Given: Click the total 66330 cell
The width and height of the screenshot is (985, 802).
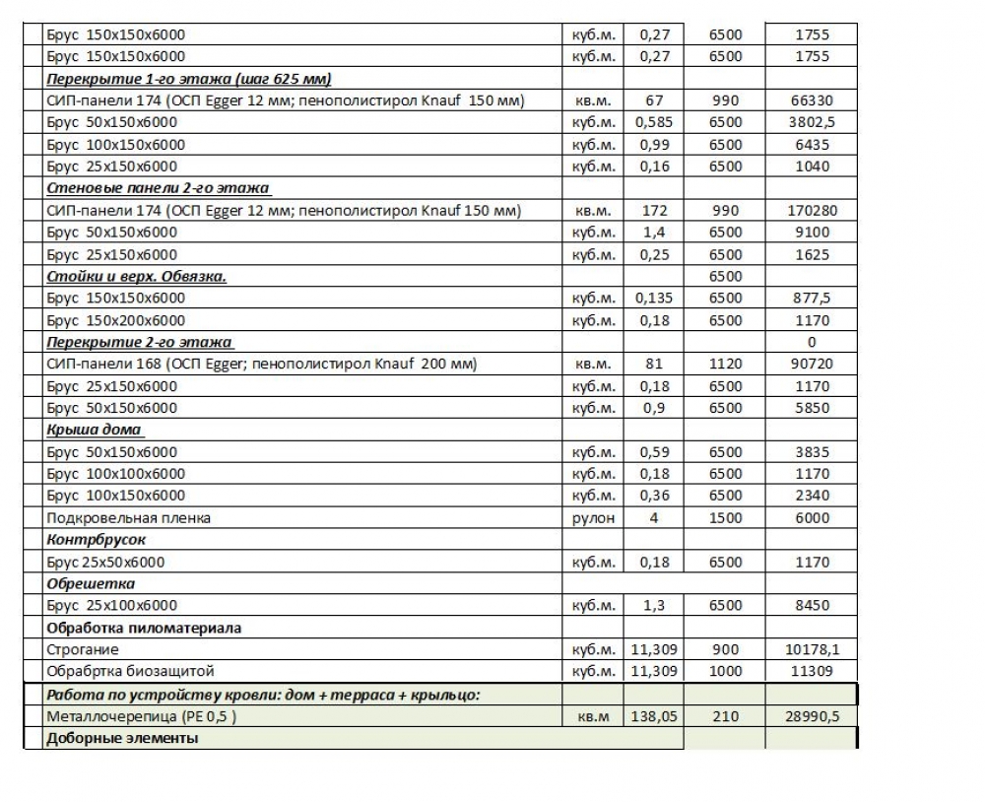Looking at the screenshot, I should click(812, 100).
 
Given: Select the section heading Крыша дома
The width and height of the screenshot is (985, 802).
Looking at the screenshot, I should click(95, 431).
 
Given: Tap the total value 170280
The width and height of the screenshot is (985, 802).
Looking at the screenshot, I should click(812, 211).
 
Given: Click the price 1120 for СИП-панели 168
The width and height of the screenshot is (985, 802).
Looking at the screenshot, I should click(725, 365).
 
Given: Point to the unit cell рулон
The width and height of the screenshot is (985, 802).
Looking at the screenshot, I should click(593, 518).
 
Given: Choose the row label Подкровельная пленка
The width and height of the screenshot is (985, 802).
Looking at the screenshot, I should click(129, 518).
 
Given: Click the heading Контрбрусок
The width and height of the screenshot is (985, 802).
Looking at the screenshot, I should click(97, 541).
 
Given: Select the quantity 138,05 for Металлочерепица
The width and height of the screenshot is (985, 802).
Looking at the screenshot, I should click(654, 717).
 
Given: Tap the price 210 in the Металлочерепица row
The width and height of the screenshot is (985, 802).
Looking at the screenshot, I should click(725, 717).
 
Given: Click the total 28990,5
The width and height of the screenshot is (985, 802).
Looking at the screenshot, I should click(812, 717).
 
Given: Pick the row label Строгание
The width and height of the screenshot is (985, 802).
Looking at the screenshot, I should click(83, 650).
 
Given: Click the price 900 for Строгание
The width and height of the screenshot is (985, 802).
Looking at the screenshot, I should click(725, 650).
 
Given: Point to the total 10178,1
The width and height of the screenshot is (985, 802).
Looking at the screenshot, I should click(812, 650).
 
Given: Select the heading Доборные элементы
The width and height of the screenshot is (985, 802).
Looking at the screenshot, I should click(122, 738).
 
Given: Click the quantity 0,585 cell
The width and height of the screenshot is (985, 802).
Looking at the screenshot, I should click(654, 123).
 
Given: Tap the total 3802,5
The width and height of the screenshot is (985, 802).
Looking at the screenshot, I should click(812, 123).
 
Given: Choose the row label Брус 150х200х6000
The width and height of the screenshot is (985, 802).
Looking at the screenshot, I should click(116, 320).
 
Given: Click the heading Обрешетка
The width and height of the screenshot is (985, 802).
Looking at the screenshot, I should click(92, 584).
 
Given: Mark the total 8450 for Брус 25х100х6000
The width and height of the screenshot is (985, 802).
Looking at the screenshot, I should click(812, 606).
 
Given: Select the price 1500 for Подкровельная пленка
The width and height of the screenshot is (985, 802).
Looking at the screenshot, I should click(725, 518).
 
